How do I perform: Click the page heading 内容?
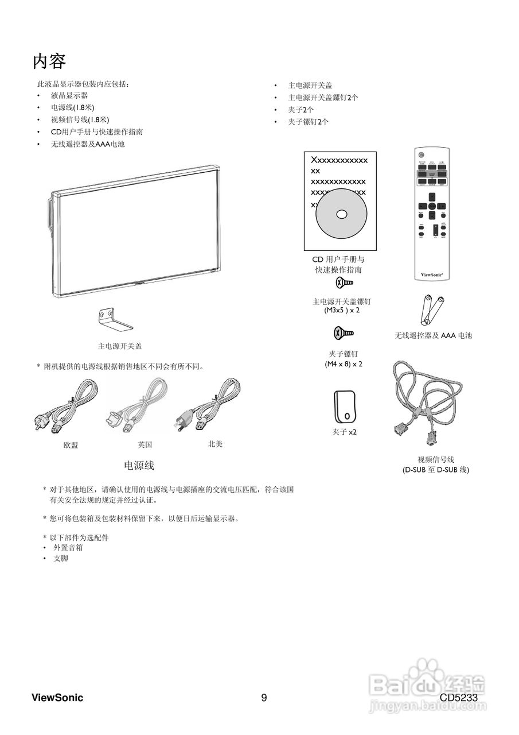point(49,61)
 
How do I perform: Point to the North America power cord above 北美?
point(207,405)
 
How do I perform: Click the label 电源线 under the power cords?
point(139,465)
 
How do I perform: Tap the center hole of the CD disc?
point(342,214)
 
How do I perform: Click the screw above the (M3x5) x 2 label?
point(344,283)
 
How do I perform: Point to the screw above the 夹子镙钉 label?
point(344,333)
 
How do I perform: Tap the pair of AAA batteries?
point(432,310)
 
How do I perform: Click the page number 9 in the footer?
point(264,698)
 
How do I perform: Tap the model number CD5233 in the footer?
point(459,698)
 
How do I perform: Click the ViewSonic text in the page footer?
point(57,698)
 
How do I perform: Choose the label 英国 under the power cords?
point(145,444)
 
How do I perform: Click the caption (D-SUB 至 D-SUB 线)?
point(435,470)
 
